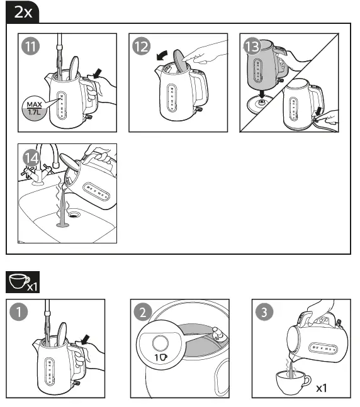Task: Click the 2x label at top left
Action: tap(23, 11)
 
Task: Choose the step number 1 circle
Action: tap(19, 313)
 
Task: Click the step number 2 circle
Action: tap(142, 313)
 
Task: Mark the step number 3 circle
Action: tap(264, 313)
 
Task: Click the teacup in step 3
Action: tap(293, 381)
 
